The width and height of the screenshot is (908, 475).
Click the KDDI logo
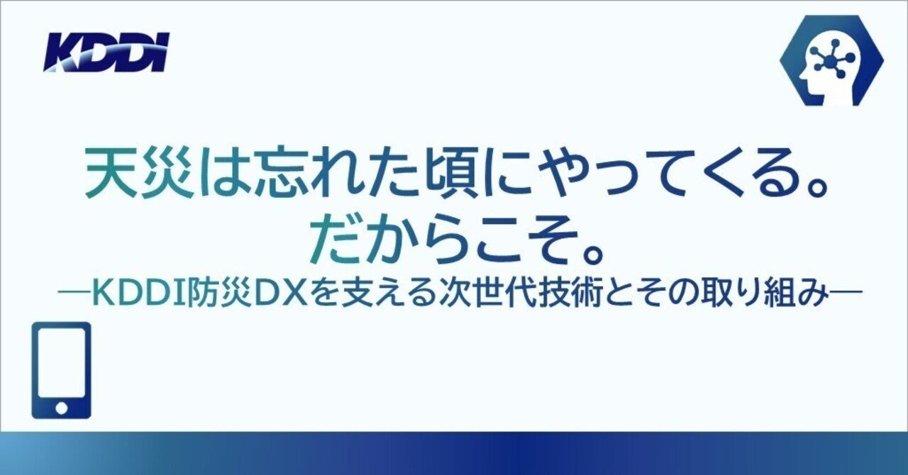click(107, 53)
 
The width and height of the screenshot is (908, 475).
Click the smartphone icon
click(62, 369)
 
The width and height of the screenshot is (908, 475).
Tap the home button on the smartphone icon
click(62, 408)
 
